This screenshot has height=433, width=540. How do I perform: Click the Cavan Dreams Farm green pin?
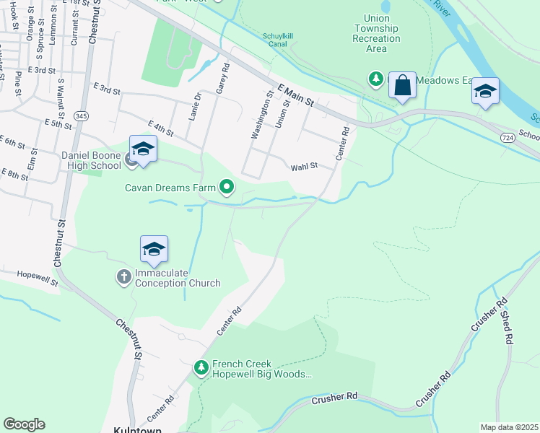(227, 188)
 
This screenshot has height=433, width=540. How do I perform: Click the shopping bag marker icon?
(402, 86)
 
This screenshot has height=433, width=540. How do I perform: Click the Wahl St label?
(304, 167)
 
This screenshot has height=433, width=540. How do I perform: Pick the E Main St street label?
(295, 95)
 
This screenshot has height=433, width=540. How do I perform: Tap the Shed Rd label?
(508, 328)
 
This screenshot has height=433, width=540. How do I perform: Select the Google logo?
(24, 424)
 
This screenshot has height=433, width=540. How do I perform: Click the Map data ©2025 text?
(508, 427)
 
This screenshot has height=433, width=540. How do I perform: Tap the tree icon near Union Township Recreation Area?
(375, 78)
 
